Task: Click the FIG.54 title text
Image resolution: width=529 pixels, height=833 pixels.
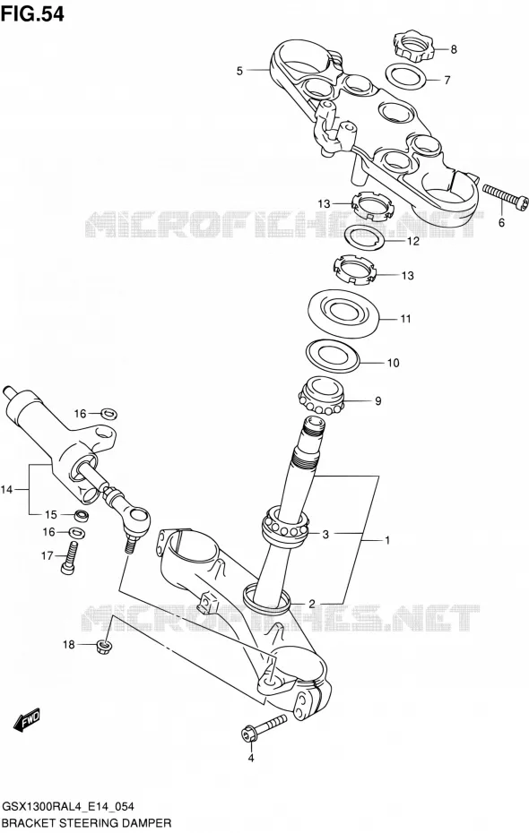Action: [32, 14]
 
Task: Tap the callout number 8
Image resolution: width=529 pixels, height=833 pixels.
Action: [454, 50]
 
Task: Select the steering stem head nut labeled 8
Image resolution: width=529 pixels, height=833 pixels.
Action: [414, 47]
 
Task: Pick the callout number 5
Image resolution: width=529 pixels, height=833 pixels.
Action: [239, 71]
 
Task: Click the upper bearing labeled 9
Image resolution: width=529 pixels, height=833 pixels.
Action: [321, 395]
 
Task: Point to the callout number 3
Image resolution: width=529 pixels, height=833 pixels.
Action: [325, 534]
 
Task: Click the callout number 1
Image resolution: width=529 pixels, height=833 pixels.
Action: [387, 540]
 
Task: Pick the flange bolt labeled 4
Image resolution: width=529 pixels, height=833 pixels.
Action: [263, 727]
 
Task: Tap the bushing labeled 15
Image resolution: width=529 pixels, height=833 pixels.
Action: [82, 515]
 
